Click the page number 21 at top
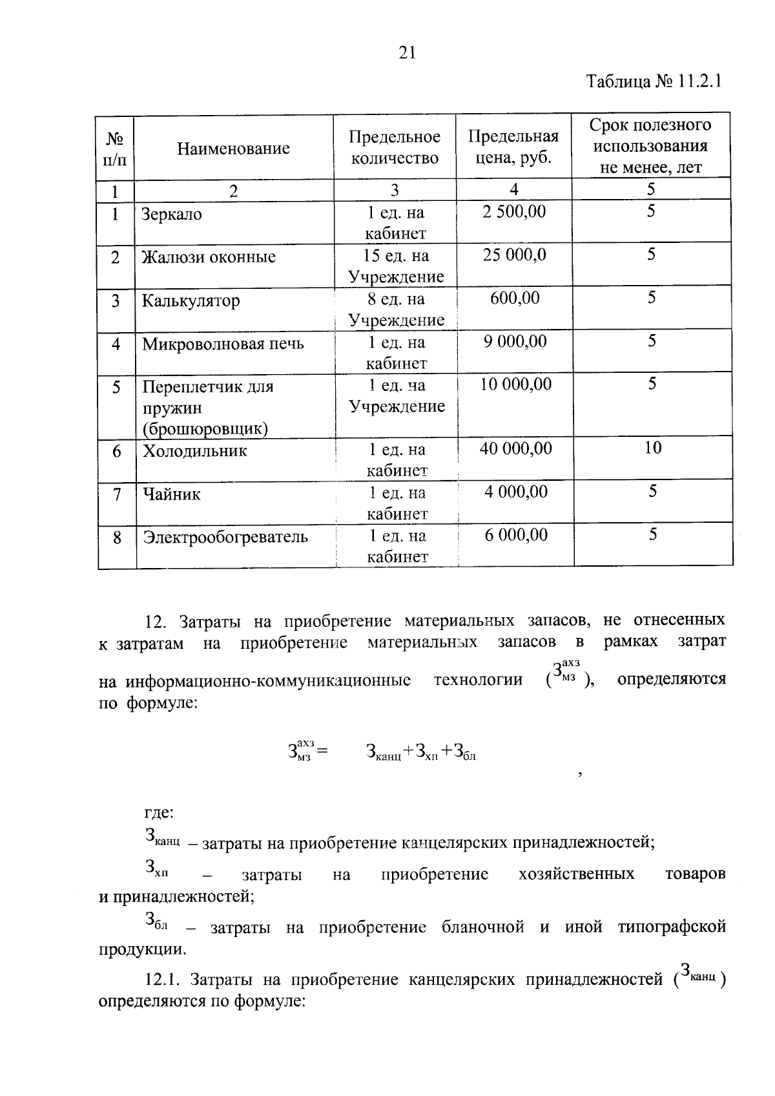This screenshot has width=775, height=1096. [x=407, y=53]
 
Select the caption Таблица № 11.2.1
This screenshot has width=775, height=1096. [x=653, y=82]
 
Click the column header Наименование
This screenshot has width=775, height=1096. [x=233, y=149]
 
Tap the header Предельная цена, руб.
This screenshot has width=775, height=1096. [x=513, y=147]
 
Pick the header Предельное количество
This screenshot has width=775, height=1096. [x=395, y=147]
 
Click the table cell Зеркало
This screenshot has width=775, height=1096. [x=172, y=215]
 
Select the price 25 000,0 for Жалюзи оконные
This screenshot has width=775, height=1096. [x=515, y=255]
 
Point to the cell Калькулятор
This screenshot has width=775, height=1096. [x=191, y=300]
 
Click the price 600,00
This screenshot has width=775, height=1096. [x=515, y=298]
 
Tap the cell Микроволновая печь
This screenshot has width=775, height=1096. [x=223, y=344]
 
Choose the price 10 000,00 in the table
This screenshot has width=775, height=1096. [x=515, y=385]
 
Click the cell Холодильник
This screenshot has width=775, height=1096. [x=194, y=451]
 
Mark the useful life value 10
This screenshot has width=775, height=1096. [x=652, y=448]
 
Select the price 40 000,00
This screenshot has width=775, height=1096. [x=515, y=448]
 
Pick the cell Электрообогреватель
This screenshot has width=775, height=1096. [x=225, y=537]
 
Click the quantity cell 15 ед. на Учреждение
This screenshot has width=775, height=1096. [x=396, y=266]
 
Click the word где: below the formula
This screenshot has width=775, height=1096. [x=159, y=812]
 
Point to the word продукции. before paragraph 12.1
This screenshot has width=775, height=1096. [x=142, y=949]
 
